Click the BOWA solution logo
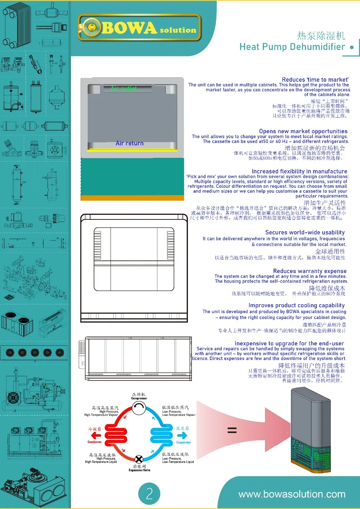[x=139, y=28]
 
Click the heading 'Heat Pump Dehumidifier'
[x=292, y=47]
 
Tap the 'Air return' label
[x=130, y=143]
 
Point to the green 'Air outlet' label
[x=123, y=88]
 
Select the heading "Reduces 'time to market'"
[x=315, y=79]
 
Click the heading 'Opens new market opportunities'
[x=303, y=131]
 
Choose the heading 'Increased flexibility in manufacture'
[x=300, y=171]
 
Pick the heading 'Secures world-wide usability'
[x=305, y=232]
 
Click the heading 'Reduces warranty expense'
[x=310, y=271]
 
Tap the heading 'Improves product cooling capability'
[x=297, y=305]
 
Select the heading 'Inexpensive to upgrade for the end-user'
[x=289, y=344]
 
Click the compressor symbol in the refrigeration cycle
[x=139, y=408]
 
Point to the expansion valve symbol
[x=139, y=459]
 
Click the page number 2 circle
[x=149, y=494]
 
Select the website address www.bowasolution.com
[x=292, y=494]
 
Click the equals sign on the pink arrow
[x=232, y=430]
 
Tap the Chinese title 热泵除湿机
[x=321, y=36]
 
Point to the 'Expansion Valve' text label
[x=139, y=470]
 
